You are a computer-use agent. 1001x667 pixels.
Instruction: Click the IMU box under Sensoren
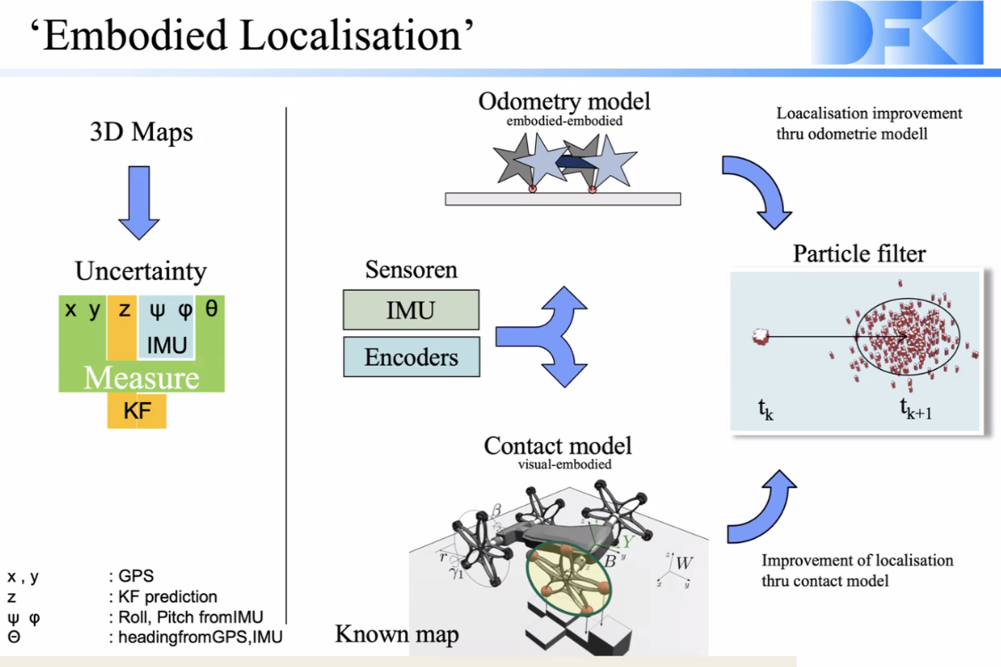tap(411, 310)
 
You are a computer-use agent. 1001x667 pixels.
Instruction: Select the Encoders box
tap(412, 357)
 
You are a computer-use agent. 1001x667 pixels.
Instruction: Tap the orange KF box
tap(137, 411)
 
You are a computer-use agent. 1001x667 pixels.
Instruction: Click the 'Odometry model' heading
tap(565, 101)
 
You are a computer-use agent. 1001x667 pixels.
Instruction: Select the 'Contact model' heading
tap(557, 445)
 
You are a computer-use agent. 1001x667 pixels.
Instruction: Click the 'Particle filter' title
tap(859, 253)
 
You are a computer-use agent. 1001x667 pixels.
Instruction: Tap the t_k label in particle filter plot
tap(765, 410)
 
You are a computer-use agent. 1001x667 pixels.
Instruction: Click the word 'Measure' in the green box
tap(141, 378)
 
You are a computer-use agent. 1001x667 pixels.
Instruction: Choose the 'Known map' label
tap(396, 634)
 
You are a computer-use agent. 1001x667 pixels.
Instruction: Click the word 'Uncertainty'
tap(140, 271)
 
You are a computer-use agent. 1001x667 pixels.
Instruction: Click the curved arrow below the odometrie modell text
tap(757, 189)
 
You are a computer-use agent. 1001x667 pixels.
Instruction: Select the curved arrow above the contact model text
tap(758, 502)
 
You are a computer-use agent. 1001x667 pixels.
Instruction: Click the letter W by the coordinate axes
tap(684, 564)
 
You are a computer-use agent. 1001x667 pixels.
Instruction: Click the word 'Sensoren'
tap(412, 270)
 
